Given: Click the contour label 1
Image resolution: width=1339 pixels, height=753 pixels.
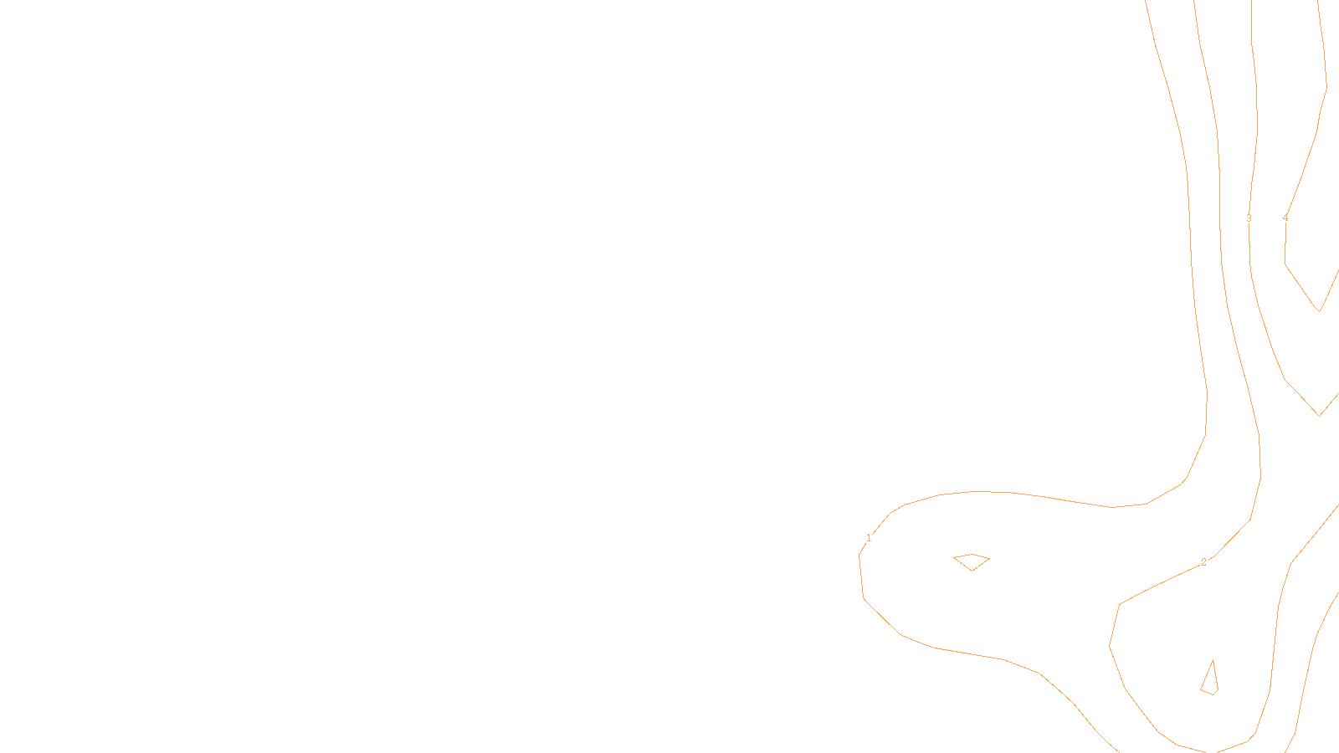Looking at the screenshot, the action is coord(869,538).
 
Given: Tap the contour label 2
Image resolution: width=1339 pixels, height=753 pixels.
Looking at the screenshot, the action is coord(1203,562).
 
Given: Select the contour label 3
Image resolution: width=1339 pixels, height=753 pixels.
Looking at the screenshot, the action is coord(1249,218).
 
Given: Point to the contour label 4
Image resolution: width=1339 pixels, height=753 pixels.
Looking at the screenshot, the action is coord(1285,218).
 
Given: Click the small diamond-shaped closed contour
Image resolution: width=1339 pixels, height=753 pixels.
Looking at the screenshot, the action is coord(972,561).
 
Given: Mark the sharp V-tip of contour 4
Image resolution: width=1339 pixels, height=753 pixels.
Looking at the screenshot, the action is coord(1320,311).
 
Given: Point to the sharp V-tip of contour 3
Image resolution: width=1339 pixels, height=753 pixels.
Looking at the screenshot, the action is coord(1320,415).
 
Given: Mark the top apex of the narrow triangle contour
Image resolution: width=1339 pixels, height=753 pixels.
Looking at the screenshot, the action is coord(1213,661).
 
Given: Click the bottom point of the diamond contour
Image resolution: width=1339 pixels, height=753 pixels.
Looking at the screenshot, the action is coord(972,571).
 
